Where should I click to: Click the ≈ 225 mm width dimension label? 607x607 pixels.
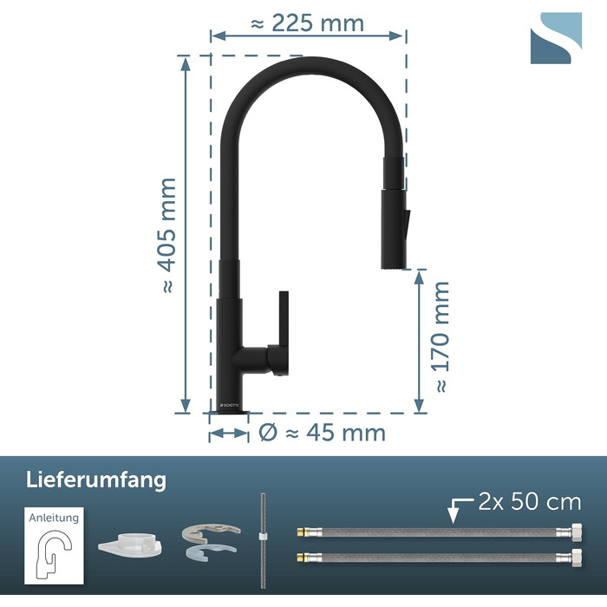click(307, 23)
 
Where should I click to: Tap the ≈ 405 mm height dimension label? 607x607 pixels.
click(167, 235)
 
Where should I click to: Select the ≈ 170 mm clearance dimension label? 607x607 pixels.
click(441, 336)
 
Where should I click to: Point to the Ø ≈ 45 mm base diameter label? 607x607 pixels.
click(322, 433)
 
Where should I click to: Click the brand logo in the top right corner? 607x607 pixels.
click(556, 38)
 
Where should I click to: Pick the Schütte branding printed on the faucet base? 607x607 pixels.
click(230, 405)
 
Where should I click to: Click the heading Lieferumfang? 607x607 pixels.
click(96, 480)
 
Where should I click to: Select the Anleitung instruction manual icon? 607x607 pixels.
click(54, 545)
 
